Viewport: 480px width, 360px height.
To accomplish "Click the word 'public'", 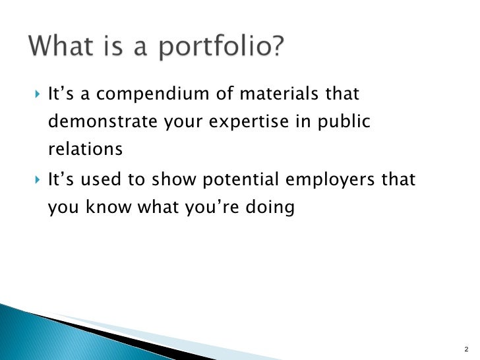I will (340, 123).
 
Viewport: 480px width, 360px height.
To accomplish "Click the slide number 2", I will (465, 349).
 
